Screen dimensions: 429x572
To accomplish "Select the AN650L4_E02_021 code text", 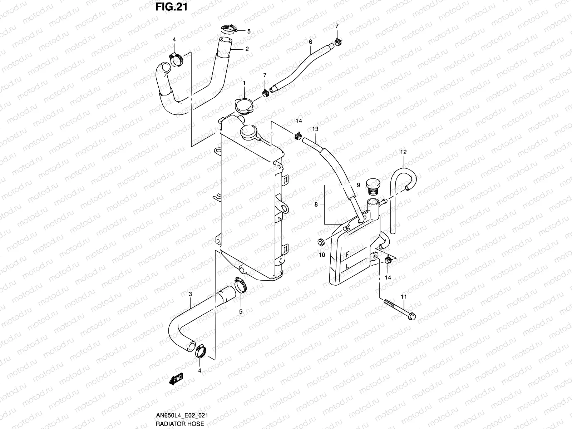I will pos(181,415).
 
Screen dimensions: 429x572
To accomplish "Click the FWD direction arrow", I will pos(176,380).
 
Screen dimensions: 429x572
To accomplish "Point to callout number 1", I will pos(244,83).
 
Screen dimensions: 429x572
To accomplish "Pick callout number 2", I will pos(247,49).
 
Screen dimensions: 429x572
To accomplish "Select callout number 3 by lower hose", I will pos(190,294).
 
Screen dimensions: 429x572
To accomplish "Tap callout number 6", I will pos(310,42).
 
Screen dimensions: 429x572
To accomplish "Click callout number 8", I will pos(316,204).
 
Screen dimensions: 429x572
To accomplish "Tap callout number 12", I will pos(403,152).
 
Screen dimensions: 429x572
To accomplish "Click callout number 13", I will pos(315,129).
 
